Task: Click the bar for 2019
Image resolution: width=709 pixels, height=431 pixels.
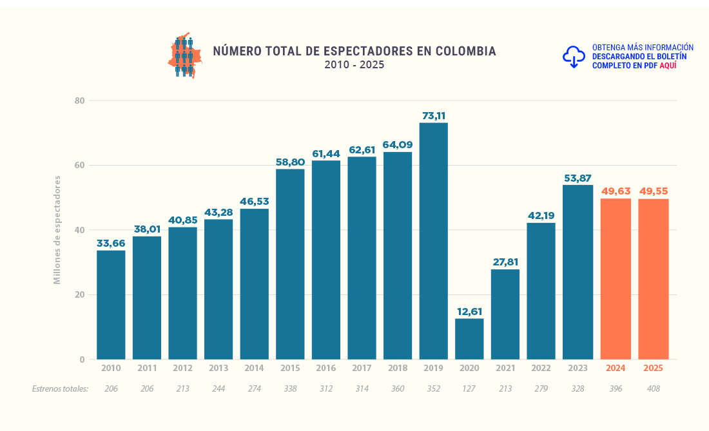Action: click(433, 241)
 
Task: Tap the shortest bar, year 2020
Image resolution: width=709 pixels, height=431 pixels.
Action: click(469, 338)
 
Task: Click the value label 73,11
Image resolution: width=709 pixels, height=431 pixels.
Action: click(433, 116)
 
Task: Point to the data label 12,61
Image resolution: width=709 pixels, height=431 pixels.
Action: click(469, 312)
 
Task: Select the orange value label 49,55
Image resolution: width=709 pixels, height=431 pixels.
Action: click(654, 191)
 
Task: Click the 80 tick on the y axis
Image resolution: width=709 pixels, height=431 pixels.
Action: click(80, 101)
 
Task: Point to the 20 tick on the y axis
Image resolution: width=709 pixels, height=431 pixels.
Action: click(80, 295)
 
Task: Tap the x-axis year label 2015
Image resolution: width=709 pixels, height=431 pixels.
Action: click(290, 369)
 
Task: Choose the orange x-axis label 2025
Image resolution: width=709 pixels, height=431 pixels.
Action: click(654, 369)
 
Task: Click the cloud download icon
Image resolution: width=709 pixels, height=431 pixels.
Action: click(574, 57)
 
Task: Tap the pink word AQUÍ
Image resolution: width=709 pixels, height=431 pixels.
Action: click(668, 66)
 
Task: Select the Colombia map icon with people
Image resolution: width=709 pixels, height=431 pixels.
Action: click(185, 56)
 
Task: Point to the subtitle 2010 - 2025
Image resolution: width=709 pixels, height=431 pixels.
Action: click(354, 65)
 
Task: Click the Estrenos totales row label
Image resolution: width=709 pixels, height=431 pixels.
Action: click(60, 388)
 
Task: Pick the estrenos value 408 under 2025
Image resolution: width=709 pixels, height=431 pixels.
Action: click(654, 388)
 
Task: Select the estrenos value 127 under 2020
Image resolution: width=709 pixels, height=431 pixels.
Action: click(469, 388)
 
